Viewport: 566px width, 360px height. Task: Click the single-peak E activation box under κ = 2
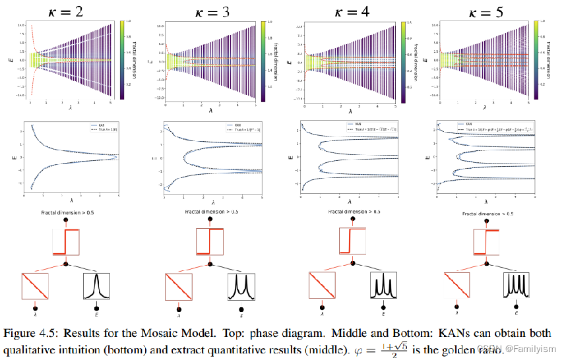point(97,285)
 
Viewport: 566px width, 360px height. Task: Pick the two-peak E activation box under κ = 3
point(241,285)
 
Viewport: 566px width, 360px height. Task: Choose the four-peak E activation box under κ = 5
point(517,285)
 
